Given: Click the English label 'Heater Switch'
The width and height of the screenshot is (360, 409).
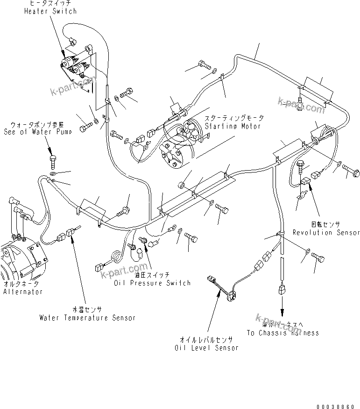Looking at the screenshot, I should [x=50, y=11].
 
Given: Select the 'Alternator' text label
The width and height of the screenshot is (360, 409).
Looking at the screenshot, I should [x=23, y=292].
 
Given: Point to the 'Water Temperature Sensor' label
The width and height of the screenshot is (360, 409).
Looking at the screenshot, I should [x=88, y=318].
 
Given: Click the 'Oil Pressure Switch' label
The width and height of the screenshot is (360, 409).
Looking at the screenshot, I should [x=153, y=283].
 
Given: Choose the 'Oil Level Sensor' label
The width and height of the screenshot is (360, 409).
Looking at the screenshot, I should [x=206, y=348].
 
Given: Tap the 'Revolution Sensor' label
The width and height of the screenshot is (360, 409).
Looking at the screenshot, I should [x=326, y=232].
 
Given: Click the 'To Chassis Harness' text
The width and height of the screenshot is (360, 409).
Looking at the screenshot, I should [x=282, y=333].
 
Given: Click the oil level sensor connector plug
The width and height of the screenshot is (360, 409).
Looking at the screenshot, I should [x=212, y=281].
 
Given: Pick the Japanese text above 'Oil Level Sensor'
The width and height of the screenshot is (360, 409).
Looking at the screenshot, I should [x=206, y=340].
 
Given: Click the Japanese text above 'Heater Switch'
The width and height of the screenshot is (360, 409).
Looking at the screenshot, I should [x=50, y=4].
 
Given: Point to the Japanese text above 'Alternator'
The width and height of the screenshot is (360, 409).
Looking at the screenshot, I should [x=21, y=284].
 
